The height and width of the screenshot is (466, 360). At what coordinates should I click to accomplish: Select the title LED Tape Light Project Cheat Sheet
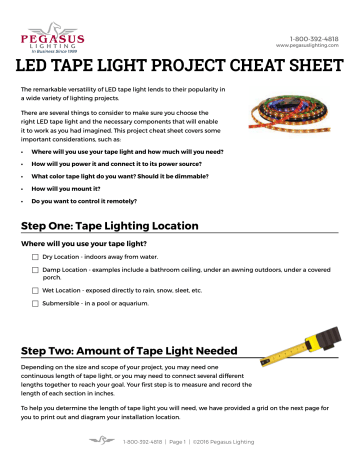click(180, 70)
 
